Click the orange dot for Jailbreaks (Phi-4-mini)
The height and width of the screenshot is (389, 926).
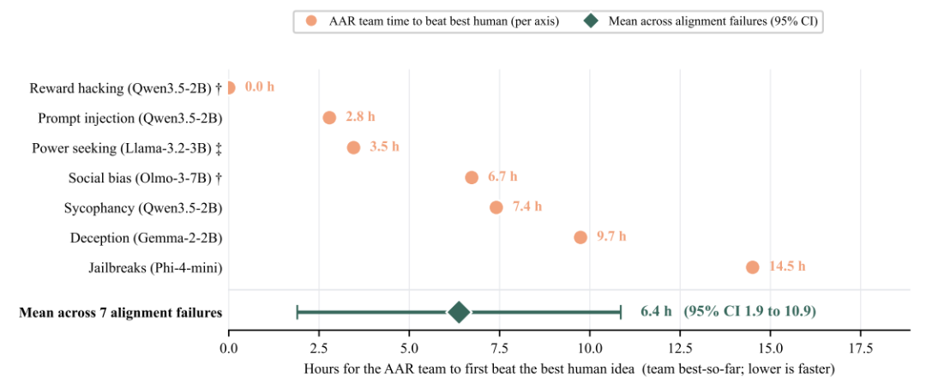[x=753, y=267]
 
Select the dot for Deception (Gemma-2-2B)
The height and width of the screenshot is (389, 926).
[x=580, y=237]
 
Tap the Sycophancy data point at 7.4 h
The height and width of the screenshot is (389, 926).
[x=496, y=207]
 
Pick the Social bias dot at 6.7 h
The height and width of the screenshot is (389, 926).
[x=472, y=177]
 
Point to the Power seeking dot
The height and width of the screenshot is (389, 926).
[x=353, y=147]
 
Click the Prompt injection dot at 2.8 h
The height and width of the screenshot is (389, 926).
[x=329, y=117]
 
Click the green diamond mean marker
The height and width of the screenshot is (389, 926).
[x=459, y=312]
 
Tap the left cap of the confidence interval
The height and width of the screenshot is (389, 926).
[x=297, y=312]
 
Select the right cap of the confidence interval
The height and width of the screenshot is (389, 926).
[x=621, y=312]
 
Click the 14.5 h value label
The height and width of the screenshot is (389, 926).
[x=787, y=267]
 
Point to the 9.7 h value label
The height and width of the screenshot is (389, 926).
[x=611, y=237]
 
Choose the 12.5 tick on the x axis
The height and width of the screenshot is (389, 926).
[x=680, y=349]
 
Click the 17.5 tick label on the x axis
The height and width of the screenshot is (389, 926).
[x=861, y=349]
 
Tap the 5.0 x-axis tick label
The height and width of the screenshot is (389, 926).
[x=409, y=349]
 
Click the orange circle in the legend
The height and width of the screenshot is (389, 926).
[x=311, y=21]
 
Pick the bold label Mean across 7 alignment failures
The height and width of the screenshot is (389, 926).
[x=121, y=312]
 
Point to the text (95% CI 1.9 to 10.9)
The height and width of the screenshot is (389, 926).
[x=749, y=312]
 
